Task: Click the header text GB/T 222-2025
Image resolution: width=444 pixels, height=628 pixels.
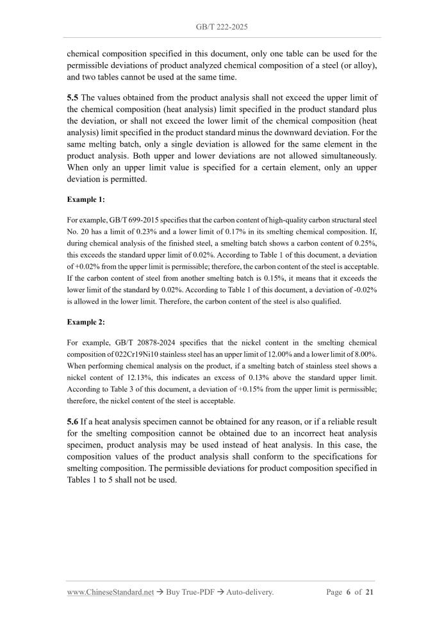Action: coord(222,28)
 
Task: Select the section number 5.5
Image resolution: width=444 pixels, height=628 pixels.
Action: coord(73,97)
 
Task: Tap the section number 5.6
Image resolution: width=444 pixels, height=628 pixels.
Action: coord(73,422)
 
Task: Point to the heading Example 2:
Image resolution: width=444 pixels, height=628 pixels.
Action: coord(85,322)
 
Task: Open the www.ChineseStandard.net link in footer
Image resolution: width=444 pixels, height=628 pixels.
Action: coord(110,592)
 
